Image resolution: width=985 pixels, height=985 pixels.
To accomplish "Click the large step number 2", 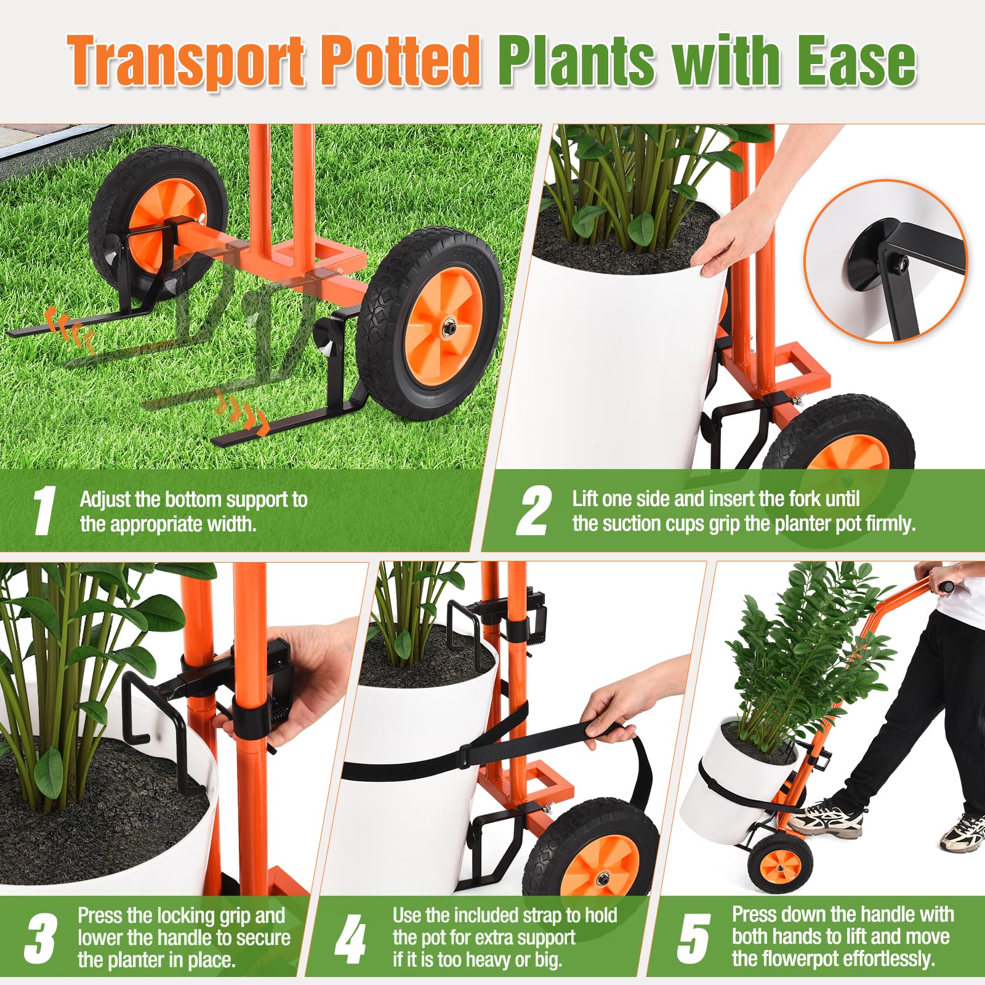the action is (x=533, y=510).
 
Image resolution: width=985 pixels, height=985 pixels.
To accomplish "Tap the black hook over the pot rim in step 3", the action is (x=157, y=733).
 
